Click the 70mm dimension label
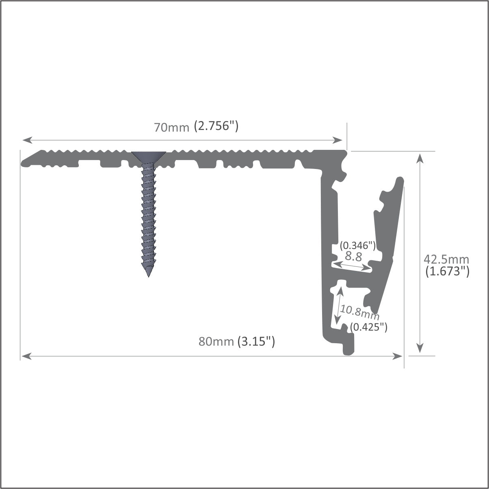(171, 128)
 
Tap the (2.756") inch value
(216, 126)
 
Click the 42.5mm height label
(446, 259)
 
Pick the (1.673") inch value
(447, 271)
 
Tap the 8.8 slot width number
(353, 256)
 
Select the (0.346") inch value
(357, 245)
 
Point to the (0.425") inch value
(368, 326)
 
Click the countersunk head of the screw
(149, 156)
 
